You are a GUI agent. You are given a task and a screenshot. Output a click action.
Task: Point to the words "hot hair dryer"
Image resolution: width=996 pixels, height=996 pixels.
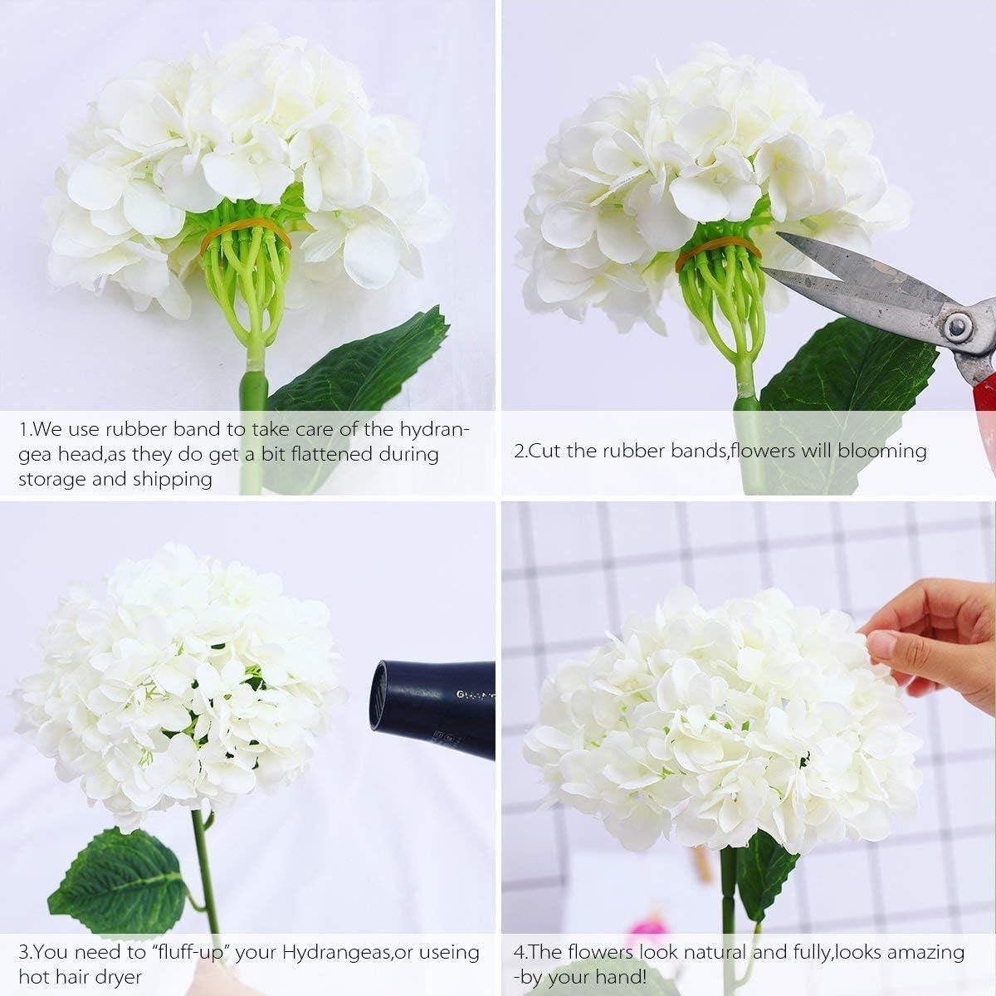pos(81,977)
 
